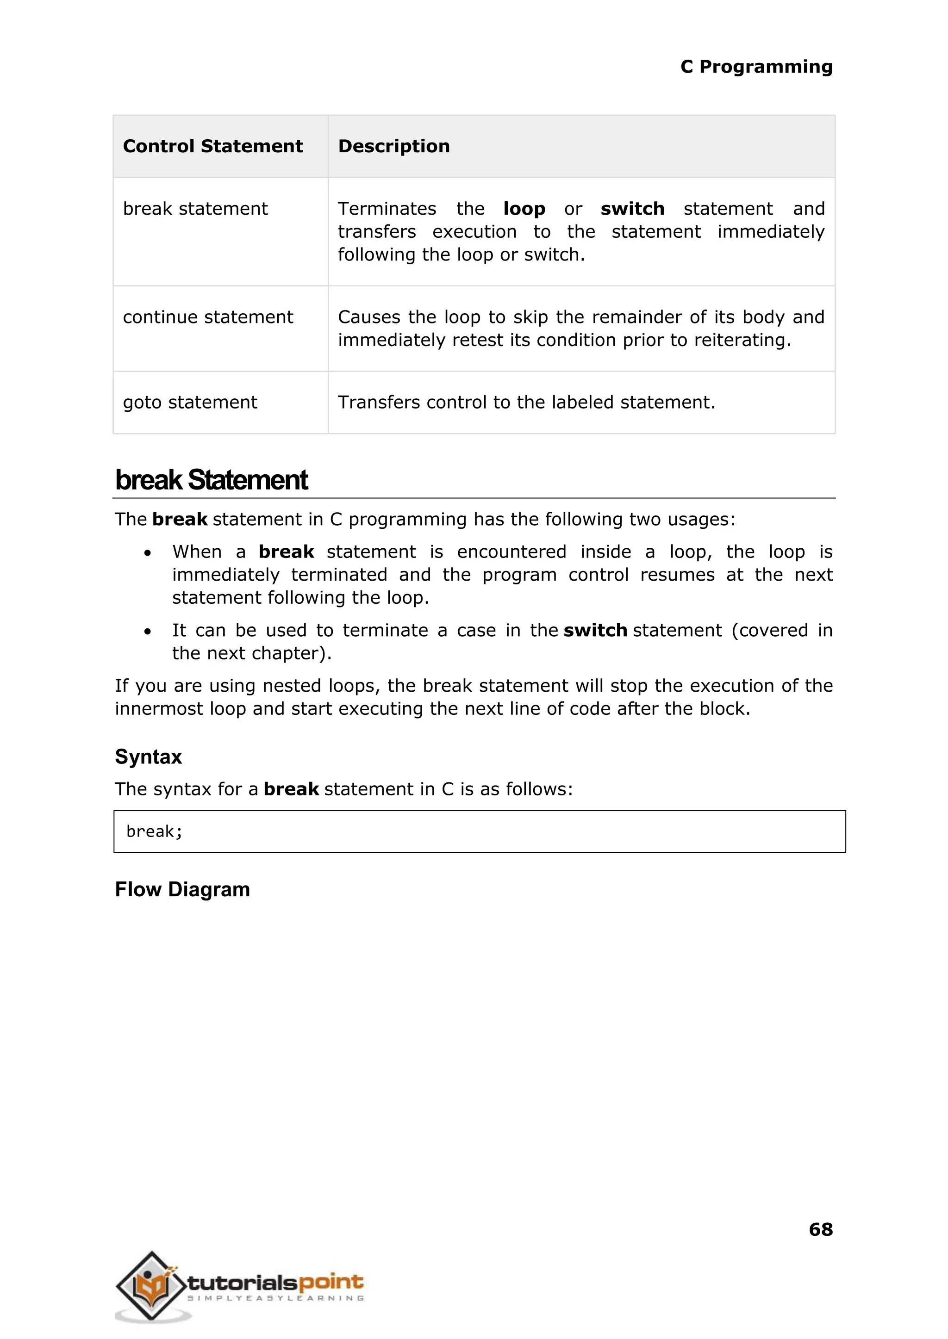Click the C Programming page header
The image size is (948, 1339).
[756, 67]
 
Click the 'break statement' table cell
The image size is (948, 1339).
[195, 208]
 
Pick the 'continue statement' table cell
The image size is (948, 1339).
[208, 317]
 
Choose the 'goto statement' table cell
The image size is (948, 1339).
[190, 402]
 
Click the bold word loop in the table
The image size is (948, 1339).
[524, 208]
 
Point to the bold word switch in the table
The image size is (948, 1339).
[632, 208]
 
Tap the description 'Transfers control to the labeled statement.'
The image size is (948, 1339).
[526, 402]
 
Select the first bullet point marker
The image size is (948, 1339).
[148, 552]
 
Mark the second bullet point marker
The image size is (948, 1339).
[148, 631]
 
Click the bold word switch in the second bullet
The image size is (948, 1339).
[595, 630]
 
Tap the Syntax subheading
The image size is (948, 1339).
[148, 757]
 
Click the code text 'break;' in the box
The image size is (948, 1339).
[154, 831]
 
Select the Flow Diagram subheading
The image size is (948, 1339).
[182, 889]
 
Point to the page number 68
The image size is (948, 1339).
[820, 1229]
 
